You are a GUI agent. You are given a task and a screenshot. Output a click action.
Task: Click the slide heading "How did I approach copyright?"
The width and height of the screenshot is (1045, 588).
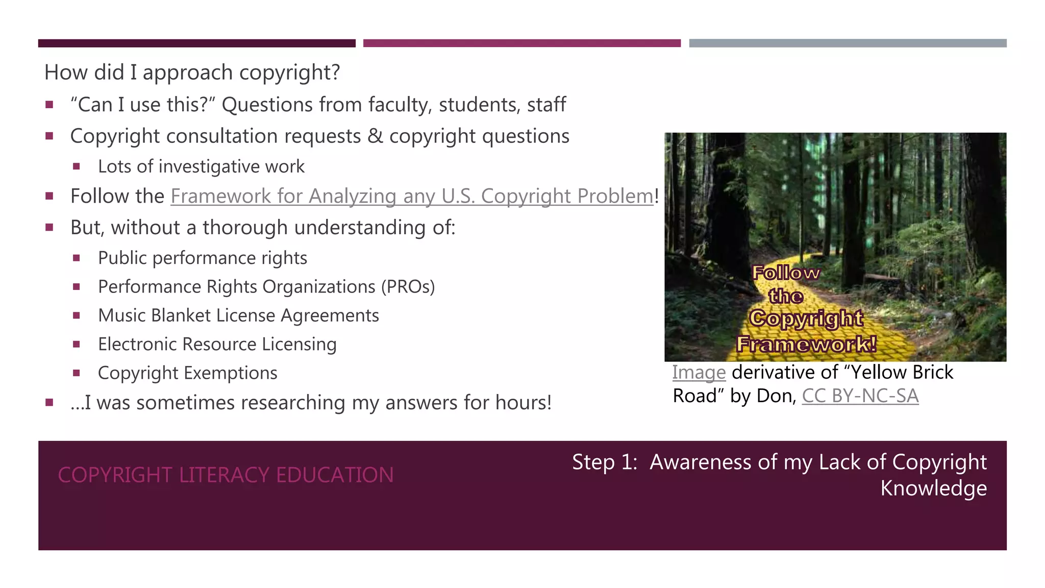(192, 72)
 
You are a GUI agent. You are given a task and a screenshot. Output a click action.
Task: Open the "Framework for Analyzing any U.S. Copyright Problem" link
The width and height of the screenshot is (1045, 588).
(412, 197)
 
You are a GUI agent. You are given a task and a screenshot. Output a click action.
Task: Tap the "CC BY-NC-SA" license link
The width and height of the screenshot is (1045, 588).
(860, 396)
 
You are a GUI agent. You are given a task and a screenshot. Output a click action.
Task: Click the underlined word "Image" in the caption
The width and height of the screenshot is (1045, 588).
(699, 373)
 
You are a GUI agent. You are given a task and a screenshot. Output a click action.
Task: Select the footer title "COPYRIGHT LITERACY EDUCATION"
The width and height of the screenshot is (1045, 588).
(226, 475)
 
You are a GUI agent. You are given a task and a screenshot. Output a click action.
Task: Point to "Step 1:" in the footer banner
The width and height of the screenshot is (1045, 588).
(605, 462)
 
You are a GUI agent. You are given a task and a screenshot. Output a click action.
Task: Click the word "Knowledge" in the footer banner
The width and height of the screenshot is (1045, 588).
(933, 488)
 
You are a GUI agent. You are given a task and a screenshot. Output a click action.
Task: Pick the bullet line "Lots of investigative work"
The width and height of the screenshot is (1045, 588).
(201, 167)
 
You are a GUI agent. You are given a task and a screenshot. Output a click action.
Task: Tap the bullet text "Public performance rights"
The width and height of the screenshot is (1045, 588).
(203, 258)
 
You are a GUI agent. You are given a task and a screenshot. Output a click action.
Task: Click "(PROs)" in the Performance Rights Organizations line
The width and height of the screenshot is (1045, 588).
(408, 287)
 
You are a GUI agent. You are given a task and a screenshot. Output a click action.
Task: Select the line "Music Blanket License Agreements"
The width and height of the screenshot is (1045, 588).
(238, 316)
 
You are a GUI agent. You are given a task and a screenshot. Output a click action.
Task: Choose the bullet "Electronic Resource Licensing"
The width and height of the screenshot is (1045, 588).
(217, 345)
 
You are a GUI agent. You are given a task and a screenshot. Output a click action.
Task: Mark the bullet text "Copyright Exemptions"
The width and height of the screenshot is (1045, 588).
(187, 373)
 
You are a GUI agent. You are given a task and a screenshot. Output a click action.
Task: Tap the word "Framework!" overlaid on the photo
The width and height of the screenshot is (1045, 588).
(807, 344)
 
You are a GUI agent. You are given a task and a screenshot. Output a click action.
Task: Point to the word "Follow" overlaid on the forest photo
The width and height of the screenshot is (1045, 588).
(786, 273)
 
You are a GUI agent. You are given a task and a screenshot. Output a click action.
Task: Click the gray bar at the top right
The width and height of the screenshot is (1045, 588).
(848, 43)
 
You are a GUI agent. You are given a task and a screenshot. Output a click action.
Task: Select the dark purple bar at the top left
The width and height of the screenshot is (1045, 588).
(196, 43)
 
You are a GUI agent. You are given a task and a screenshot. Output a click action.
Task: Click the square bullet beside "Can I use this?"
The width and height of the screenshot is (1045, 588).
(49, 105)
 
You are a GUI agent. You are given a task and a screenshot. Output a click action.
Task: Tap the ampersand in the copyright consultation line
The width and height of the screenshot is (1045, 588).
(375, 136)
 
